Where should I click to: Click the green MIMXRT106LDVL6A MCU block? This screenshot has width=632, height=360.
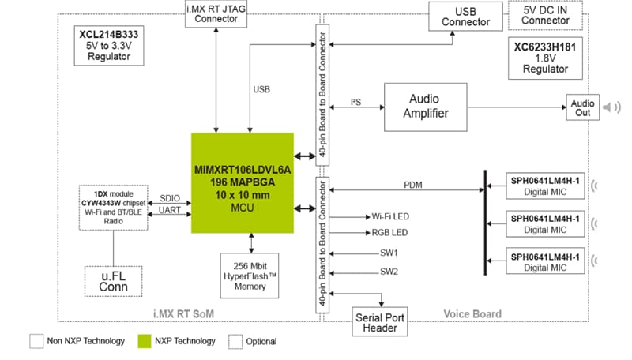[x=243, y=182]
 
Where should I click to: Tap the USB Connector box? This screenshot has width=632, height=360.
[x=466, y=17]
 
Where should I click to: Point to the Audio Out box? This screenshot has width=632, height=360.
[x=583, y=107]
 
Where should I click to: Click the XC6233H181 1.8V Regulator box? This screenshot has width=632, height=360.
[x=545, y=58]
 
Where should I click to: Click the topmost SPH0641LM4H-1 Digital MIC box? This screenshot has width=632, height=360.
[x=545, y=186]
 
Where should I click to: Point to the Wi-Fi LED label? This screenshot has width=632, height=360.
[x=389, y=216]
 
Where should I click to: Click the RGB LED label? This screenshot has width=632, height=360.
[x=389, y=233]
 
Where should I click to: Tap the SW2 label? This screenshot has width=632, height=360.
[x=389, y=272]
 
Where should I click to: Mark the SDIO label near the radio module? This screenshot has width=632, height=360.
[x=171, y=197]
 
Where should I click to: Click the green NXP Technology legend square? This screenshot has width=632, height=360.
[x=143, y=341]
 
